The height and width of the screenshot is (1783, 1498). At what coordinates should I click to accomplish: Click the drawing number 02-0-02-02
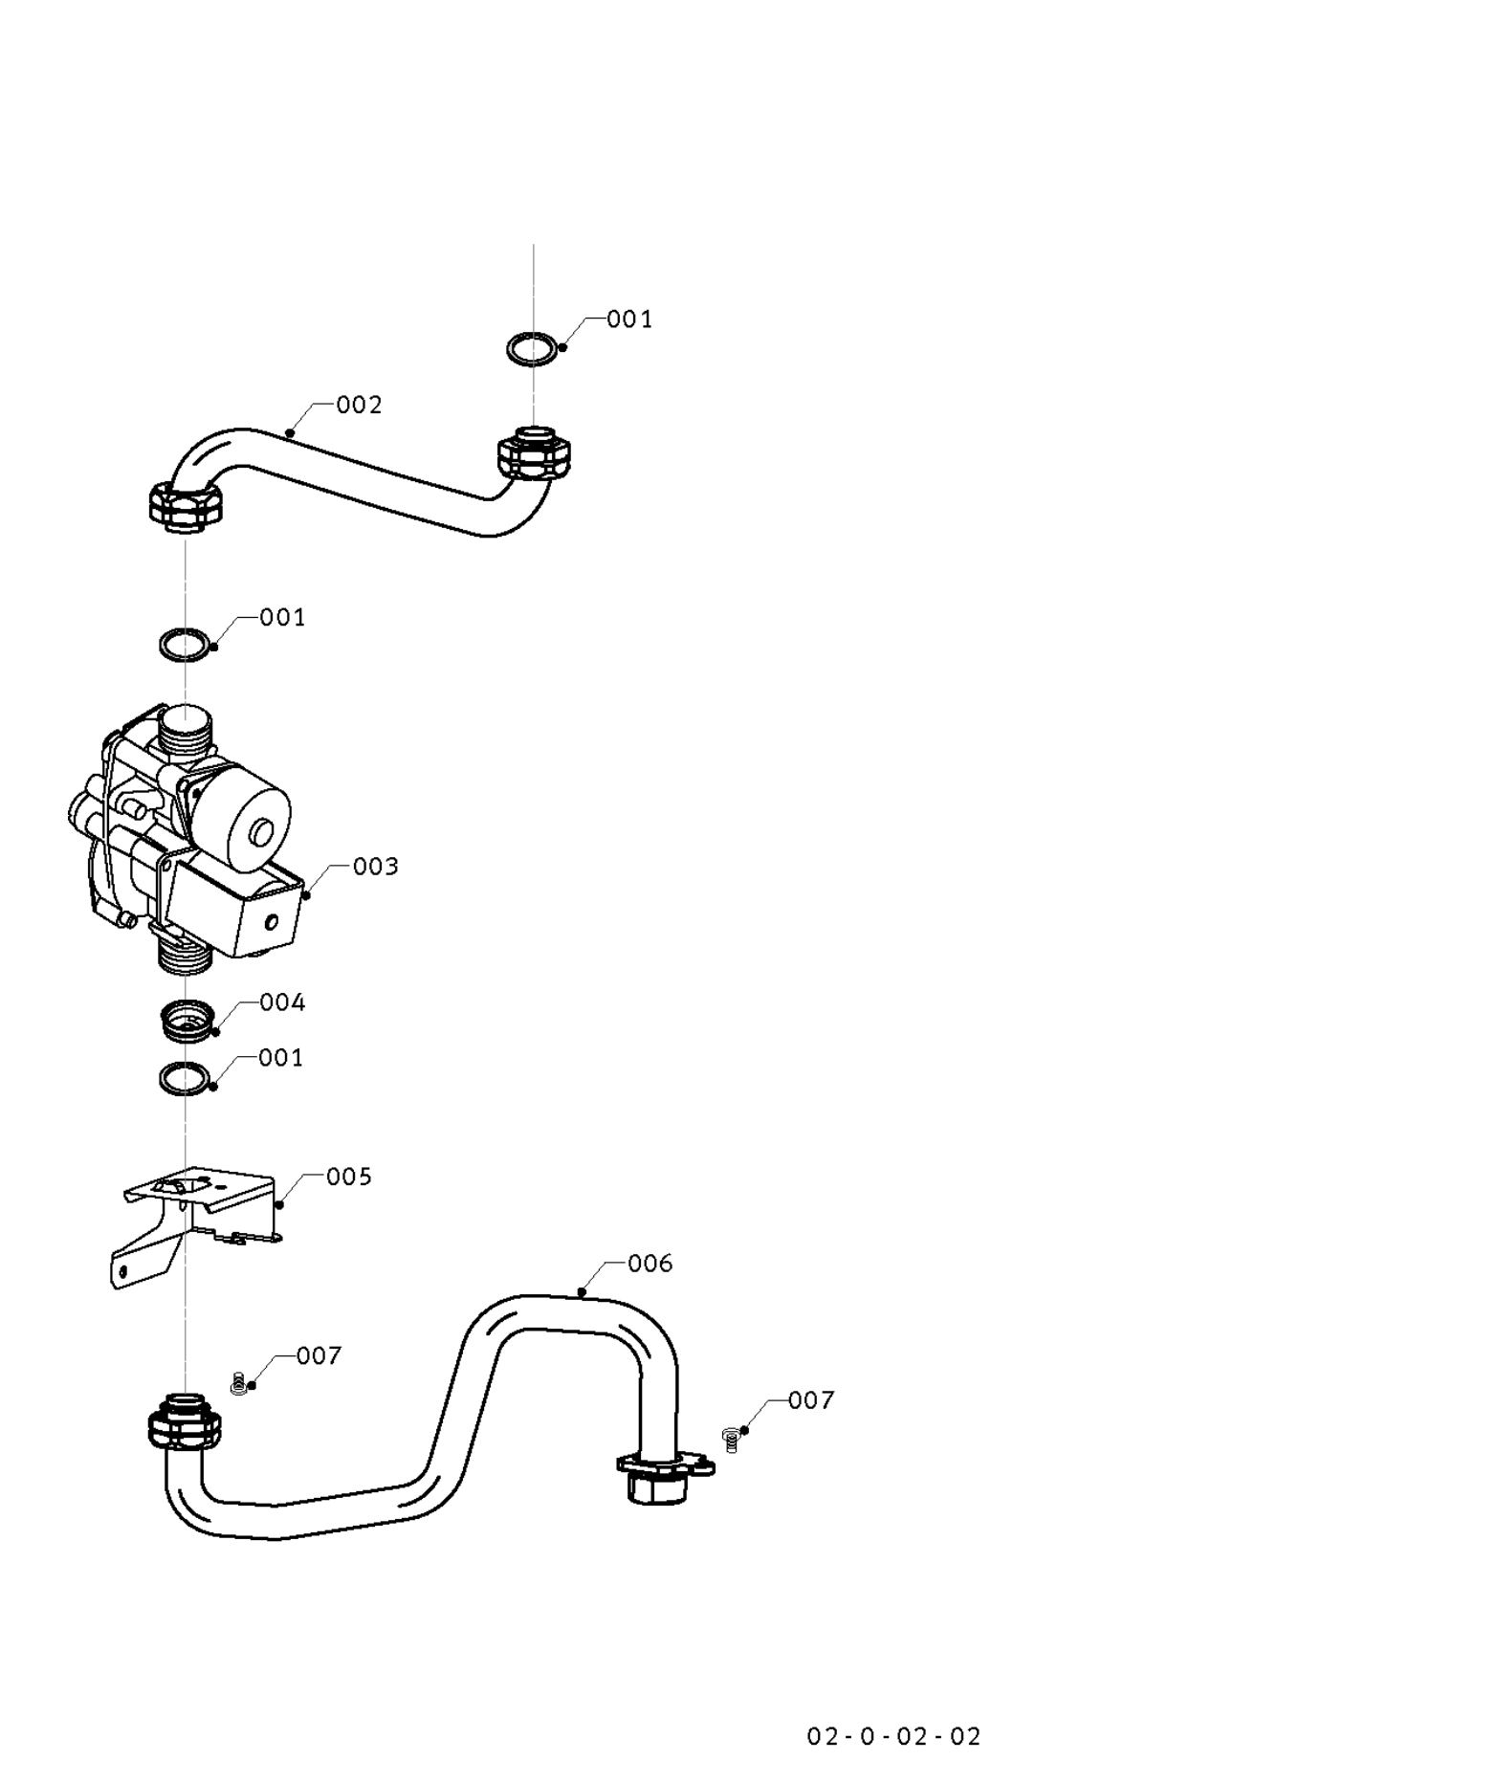(x=893, y=1736)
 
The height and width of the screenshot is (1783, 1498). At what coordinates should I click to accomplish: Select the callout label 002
(x=359, y=406)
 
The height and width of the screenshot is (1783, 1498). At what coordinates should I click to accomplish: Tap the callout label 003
(x=375, y=867)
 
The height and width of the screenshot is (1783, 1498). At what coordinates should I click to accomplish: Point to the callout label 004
(x=282, y=1002)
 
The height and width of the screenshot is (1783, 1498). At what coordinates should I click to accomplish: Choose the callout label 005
(x=348, y=1177)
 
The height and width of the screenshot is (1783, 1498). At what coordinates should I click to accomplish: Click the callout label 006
(x=650, y=1264)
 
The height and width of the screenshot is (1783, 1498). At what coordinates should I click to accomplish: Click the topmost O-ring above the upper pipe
(x=531, y=348)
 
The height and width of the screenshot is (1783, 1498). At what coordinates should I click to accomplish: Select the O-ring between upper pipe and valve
(x=184, y=644)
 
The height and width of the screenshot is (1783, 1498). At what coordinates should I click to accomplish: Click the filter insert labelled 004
(x=186, y=1021)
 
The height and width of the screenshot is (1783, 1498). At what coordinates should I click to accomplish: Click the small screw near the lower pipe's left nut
(x=238, y=1384)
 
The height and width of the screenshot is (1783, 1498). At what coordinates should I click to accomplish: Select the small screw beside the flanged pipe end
(x=731, y=1439)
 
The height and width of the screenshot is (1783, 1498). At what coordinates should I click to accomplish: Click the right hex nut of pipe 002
(x=534, y=454)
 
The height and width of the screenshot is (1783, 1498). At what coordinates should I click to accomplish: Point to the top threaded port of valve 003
(x=186, y=731)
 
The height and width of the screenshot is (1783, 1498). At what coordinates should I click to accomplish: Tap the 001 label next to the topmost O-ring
(x=629, y=319)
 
